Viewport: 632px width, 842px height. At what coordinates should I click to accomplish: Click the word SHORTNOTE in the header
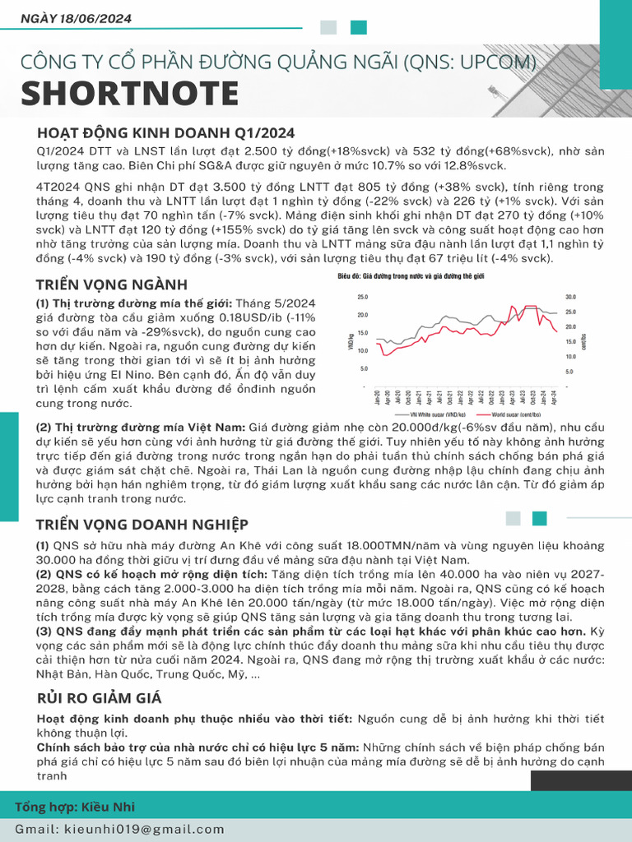pyautogui.click(x=129, y=95)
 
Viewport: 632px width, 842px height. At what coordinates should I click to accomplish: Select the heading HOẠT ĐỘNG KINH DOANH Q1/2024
pyautogui.click(x=165, y=133)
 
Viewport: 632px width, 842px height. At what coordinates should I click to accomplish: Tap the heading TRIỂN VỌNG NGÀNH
pyautogui.click(x=112, y=285)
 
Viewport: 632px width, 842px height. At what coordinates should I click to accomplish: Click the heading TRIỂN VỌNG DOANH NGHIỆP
pyautogui.click(x=142, y=525)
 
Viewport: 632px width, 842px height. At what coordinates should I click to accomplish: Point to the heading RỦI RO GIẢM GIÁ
pyautogui.click(x=99, y=698)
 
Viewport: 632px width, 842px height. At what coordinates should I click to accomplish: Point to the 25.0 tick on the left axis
pyautogui.click(x=361, y=297)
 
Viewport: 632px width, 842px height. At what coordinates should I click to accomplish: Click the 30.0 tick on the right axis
pyautogui.click(x=571, y=297)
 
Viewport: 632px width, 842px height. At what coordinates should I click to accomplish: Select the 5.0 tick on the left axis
pyautogui.click(x=363, y=368)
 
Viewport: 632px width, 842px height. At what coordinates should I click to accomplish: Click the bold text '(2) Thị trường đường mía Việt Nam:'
pyautogui.click(x=140, y=428)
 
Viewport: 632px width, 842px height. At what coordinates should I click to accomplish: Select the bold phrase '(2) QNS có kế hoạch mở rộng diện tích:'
pyautogui.click(x=151, y=574)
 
